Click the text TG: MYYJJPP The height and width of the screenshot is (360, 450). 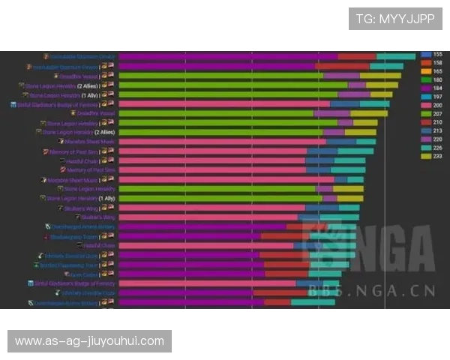point(394,19)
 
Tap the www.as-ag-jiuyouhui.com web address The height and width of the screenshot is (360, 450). point(89,341)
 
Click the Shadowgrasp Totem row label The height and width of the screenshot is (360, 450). point(73,236)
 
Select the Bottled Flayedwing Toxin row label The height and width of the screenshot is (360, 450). point(69,265)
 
